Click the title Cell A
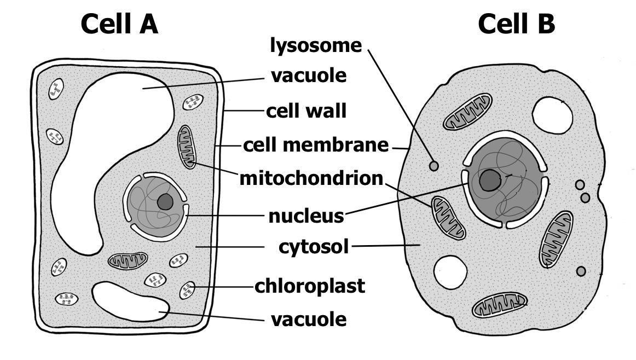pos(119,24)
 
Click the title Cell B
pos(516,24)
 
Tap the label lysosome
pos(316,46)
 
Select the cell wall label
pos(306,111)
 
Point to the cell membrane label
pos(315,146)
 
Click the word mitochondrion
pos(311,178)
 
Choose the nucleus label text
pos(306,216)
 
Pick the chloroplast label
pos(309,286)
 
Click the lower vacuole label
pos(309,319)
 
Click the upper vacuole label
pos(309,76)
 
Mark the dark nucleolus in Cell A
pos(165,202)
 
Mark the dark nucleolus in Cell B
pos(489,179)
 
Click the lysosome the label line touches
pos(434,165)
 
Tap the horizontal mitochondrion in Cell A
pos(128,260)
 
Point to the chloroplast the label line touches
pos(187,290)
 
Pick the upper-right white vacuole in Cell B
pos(552,115)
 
